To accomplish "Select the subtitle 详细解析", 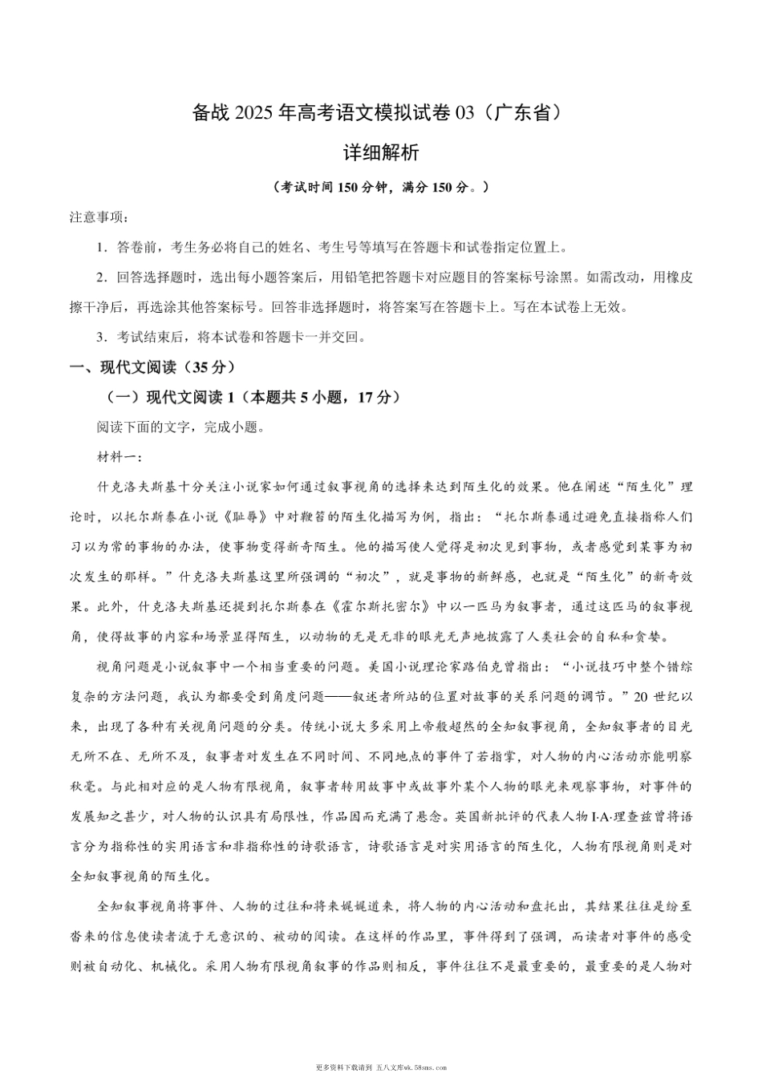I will pyautogui.click(x=381, y=152).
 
